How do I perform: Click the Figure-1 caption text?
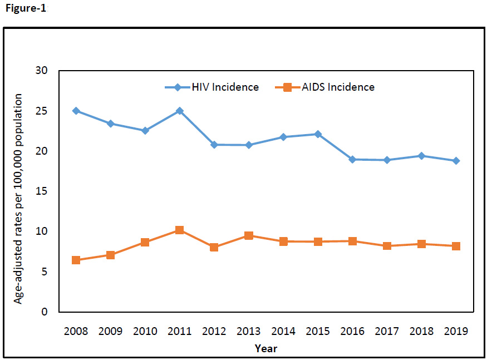(x=26, y=8)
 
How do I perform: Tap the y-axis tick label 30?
(x=42, y=71)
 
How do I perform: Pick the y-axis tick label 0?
(x=45, y=312)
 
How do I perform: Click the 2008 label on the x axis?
(x=76, y=331)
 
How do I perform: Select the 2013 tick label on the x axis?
(x=249, y=331)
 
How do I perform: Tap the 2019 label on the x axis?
(x=456, y=331)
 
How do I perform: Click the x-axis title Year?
(x=266, y=349)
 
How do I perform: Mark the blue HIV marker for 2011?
(x=179, y=111)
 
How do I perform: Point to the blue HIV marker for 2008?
(x=76, y=111)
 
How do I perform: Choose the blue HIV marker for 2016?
(x=352, y=159)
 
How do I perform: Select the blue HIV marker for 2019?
(x=456, y=161)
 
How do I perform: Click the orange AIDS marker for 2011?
(x=179, y=230)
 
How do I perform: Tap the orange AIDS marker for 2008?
(x=76, y=260)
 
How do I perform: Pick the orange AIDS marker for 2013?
(x=249, y=235)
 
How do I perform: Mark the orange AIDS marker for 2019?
(x=456, y=246)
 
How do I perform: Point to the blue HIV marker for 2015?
(x=318, y=134)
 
